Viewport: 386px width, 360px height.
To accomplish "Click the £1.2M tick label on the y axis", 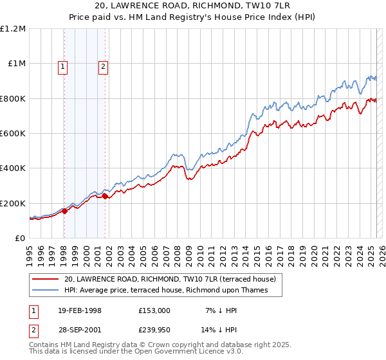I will pyautogui.click(x=13, y=29).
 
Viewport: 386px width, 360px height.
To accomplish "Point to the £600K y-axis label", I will pyautogui.click(x=13, y=133).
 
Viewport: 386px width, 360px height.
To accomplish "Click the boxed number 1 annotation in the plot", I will pyautogui.click(x=63, y=66).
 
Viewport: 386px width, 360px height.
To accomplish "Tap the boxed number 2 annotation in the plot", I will pyautogui.click(x=103, y=66).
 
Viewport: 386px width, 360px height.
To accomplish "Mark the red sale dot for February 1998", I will pyautogui.click(x=65, y=212).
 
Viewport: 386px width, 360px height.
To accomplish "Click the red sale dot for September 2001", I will pyautogui.click(x=106, y=197).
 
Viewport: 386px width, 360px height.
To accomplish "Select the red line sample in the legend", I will pyautogui.click(x=46, y=279).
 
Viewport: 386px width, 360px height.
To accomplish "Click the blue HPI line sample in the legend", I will pyautogui.click(x=46, y=291).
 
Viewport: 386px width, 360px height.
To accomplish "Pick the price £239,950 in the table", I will pyautogui.click(x=154, y=330).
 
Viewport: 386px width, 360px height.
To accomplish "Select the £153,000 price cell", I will pyautogui.click(x=154, y=310).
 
